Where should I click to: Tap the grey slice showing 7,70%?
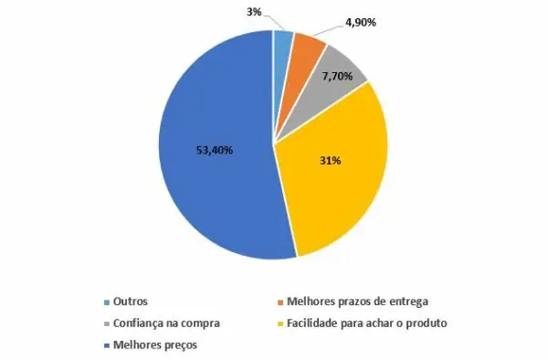pyautogui.click(x=332, y=84)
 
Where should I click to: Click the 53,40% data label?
pyautogui.click(x=215, y=150)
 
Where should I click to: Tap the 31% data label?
pyautogui.click(x=331, y=161)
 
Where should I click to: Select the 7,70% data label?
pyautogui.click(x=337, y=76)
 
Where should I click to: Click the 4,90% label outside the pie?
pyautogui.click(x=361, y=23)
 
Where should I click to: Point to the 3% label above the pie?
pyautogui.click(x=254, y=12)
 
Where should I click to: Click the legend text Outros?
pyautogui.click(x=131, y=302)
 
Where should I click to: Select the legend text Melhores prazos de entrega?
pyautogui.click(x=357, y=302)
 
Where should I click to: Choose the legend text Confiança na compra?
pyautogui.click(x=166, y=323)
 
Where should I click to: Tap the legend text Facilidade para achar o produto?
pyautogui.click(x=367, y=323)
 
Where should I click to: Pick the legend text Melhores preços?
pyautogui.click(x=155, y=345)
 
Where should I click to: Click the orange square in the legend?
pyautogui.click(x=280, y=302)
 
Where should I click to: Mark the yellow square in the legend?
pyautogui.click(x=280, y=324)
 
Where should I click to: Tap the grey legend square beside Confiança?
pyautogui.click(x=107, y=324)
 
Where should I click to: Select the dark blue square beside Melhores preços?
pyautogui.click(x=107, y=345)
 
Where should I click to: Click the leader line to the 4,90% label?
pyautogui.click(x=328, y=30)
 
